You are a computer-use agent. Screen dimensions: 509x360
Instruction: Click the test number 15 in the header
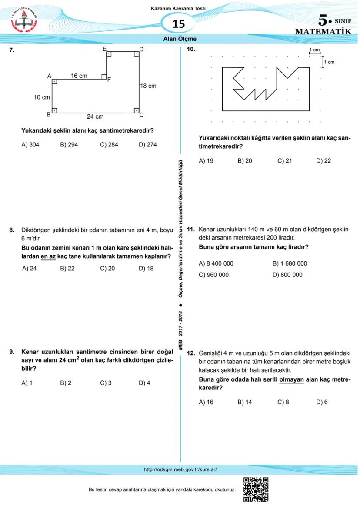click(x=179, y=24)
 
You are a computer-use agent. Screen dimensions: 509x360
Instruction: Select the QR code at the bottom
click(x=256, y=489)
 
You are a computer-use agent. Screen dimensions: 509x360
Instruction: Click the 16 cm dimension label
click(x=79, y=76)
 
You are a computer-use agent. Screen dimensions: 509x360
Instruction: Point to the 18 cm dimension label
click(x=148, y=86)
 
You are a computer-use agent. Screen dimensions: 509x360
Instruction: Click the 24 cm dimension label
click(x=95, y=116)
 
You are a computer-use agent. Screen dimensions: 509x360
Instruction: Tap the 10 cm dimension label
click(x=42, y=97)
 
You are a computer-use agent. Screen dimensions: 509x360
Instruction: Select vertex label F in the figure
click(x=109, y=80)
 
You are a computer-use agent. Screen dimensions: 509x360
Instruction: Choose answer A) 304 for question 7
click(x=30, y=145)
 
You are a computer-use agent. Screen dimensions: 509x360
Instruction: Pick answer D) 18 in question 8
click(x=146, y=269)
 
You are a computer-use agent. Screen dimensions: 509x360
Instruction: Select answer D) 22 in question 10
click(x=323, y=161)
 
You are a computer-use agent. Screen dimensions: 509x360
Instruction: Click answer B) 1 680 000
click(x=290, y=263)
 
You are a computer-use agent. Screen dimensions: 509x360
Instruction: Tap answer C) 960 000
click(x=213, y=275)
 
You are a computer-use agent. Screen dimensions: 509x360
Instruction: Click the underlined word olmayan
click(x=291, y=379)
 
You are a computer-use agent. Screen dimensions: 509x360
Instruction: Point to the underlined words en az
click(x=48, y=256)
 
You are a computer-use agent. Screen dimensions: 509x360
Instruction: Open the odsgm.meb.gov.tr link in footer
click(x=180, y=469)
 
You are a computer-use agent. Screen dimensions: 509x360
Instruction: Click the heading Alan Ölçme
click(x=180, y=39)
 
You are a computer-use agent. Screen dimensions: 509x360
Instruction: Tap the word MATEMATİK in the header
click(x=323, y=32)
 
